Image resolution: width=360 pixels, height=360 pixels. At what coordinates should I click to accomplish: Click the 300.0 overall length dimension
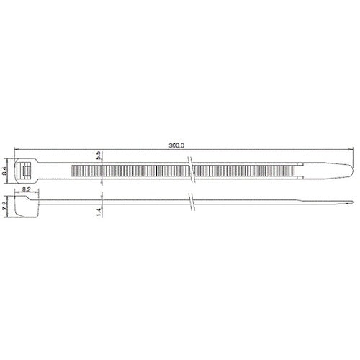176,145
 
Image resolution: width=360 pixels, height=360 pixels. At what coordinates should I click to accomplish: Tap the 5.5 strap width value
98,156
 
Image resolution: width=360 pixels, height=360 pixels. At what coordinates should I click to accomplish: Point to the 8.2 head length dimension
26,189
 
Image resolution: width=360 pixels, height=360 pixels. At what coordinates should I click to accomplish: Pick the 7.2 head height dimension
4,207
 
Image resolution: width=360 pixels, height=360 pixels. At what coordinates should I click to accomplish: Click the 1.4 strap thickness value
99,212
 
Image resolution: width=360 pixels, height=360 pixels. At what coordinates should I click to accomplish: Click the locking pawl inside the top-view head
26,171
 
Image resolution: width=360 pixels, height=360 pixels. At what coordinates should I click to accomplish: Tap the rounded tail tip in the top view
352,171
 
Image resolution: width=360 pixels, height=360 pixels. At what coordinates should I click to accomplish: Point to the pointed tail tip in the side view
352,202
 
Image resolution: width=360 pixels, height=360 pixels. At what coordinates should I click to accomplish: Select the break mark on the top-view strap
192,170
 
